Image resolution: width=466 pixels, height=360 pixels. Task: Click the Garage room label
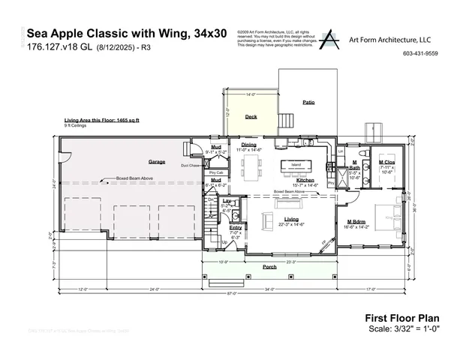point(157,161)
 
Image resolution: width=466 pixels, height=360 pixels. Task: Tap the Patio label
point(308,101)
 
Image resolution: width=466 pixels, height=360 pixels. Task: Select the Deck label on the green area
point(251,117)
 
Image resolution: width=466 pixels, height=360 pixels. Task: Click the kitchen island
point(296,165)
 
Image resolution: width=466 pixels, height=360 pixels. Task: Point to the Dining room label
point(248,145)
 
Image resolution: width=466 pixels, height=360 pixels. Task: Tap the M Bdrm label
point(356,221)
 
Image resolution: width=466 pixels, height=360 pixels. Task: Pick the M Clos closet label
point(386,162)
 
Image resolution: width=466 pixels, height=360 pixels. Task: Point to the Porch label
point(269,266)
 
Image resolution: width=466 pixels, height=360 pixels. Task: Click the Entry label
point(235,227)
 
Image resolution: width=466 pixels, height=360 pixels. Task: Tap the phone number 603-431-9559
point(420,54)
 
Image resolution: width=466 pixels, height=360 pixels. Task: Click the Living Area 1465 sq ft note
point(101,120)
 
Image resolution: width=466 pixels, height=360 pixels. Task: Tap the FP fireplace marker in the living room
point(325,241)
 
